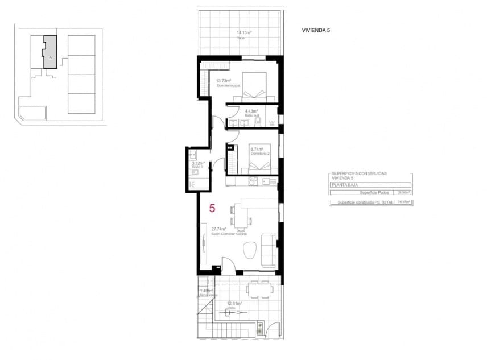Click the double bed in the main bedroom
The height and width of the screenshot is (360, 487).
[x=255, y=85]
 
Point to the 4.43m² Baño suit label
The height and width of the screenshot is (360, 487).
[x=251, y=111]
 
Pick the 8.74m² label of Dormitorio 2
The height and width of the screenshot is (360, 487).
[x=257, y=150]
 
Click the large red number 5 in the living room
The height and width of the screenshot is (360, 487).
[x=212, y=208]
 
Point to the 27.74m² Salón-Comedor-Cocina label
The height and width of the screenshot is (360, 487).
[x=211, y=229]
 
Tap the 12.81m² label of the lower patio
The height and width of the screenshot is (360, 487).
[x=234, y=304]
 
